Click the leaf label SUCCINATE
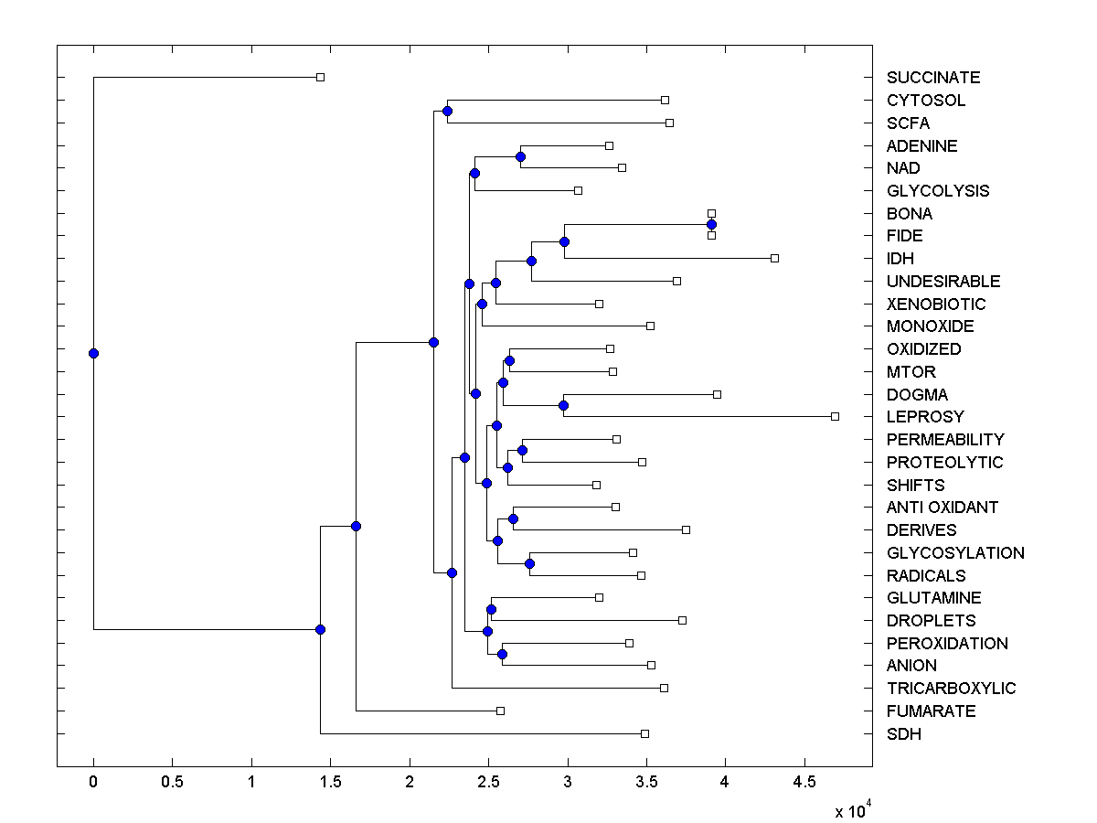[x=932, y=78]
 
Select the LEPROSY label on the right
[x=925, y=417]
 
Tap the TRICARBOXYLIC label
[x=951, y=689]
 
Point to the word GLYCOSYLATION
[x=955, y=553]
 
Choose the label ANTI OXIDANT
[x=942, y=508]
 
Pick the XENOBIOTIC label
[x=936, y=305]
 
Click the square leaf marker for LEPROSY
[x=835, y=416]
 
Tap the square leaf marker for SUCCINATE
[x=320, y=77]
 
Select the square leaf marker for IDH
[x=774, y=258]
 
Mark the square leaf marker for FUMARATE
[x=500, y=711]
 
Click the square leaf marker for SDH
[x=644, y=733]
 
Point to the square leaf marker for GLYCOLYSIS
[x=578, y=190]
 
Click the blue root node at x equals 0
[x=93, y=353]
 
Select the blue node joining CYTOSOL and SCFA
[x=447, y=112]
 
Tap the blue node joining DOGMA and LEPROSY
[x=564, y=405]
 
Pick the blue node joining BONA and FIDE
[x=711, y=224]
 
